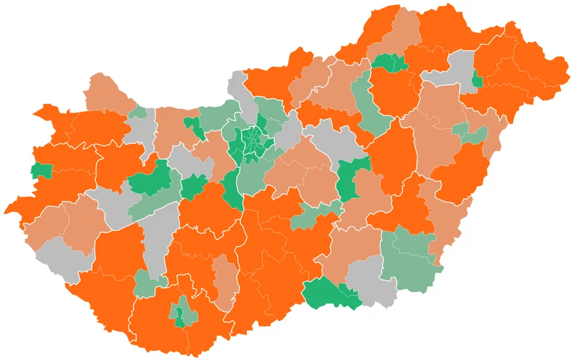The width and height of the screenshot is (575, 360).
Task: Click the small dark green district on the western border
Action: (41, 170)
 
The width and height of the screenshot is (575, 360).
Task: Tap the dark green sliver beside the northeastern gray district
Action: (477, 79)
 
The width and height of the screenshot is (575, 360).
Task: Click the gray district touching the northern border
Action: (243, 96)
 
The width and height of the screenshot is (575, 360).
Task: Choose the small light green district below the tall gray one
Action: (145, 284)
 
